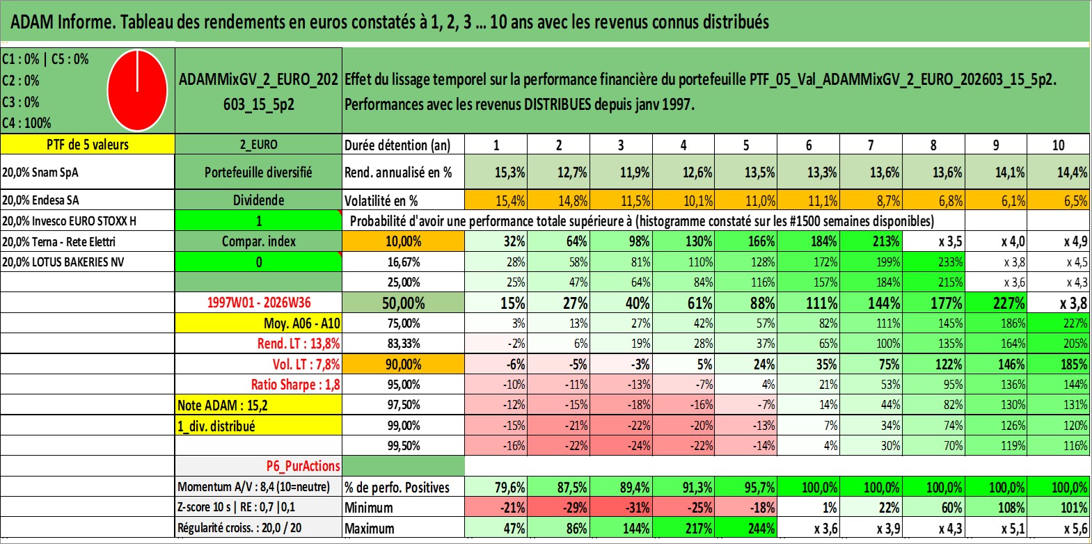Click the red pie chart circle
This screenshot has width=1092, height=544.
click(137, 90)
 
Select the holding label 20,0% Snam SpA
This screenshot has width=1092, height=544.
click(40, 172)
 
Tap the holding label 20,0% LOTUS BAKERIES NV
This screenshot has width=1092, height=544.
click(63, 262)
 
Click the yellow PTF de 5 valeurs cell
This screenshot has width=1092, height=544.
click(88, 144)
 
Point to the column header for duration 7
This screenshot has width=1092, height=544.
click(871, 145)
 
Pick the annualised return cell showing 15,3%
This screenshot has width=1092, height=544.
click(496, 172)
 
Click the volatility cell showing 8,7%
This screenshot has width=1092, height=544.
click(871, 200)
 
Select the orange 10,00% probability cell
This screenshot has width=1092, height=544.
click(404, 241)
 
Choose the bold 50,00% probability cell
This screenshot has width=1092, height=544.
click(404, 303)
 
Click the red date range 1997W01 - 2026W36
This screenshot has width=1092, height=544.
click(259, 303)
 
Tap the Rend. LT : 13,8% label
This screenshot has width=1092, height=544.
click(299, 344)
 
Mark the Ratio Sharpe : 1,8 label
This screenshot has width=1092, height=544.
click(295, 385)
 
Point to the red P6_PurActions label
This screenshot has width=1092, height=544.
click(303, 466)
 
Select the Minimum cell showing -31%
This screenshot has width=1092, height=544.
click(621, 507)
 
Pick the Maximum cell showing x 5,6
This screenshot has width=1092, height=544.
click(1059, 529)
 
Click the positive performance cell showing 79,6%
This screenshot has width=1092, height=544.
click(496, 487)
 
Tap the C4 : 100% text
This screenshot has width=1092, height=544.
click(27, 123)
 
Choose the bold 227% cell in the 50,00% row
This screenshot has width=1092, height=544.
click(996, 303)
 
